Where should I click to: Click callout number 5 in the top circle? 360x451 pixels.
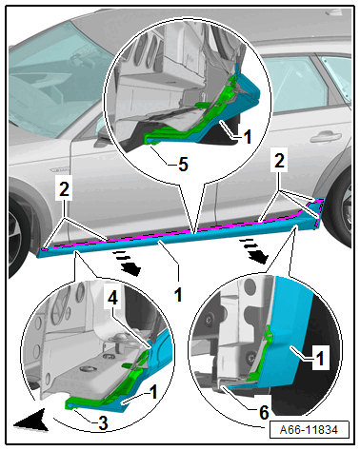tap(183, 164)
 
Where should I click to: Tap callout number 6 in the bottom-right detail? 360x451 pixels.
tap(264, 412)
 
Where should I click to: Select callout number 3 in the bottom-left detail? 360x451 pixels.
tap(103, 423)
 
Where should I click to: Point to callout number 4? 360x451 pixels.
tap(113, 299)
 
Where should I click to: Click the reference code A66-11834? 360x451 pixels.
tap(309, 429)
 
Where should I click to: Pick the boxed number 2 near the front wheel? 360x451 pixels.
tap(64, 189)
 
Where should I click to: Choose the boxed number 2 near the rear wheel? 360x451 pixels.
tap(279, 161)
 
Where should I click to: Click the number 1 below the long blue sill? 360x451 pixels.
tap(178, 295)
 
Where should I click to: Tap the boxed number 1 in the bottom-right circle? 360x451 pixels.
tap(320, 359)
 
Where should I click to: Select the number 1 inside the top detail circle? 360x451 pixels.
tap(248, 137)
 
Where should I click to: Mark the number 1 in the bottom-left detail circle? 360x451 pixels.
tap(153, 392)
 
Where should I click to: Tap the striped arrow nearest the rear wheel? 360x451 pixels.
tap(253, 251)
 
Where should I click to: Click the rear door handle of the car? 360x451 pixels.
tap(326, 138)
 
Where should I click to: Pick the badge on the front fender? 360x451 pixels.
tap(59, 169)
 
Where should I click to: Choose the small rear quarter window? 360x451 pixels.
tap(336, 75)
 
